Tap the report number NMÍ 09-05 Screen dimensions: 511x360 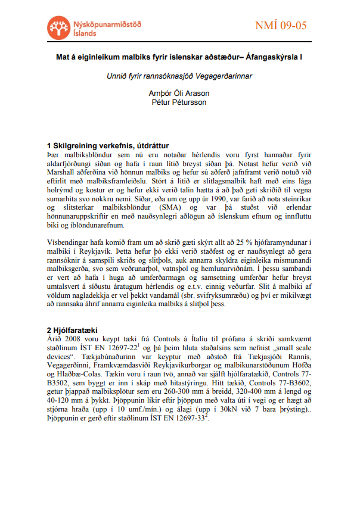tap(280, 26)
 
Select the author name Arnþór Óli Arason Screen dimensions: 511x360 tap(179, 94)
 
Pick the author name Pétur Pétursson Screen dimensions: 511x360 tap(179, 102)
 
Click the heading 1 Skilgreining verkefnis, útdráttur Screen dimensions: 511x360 tap(107, 145)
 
